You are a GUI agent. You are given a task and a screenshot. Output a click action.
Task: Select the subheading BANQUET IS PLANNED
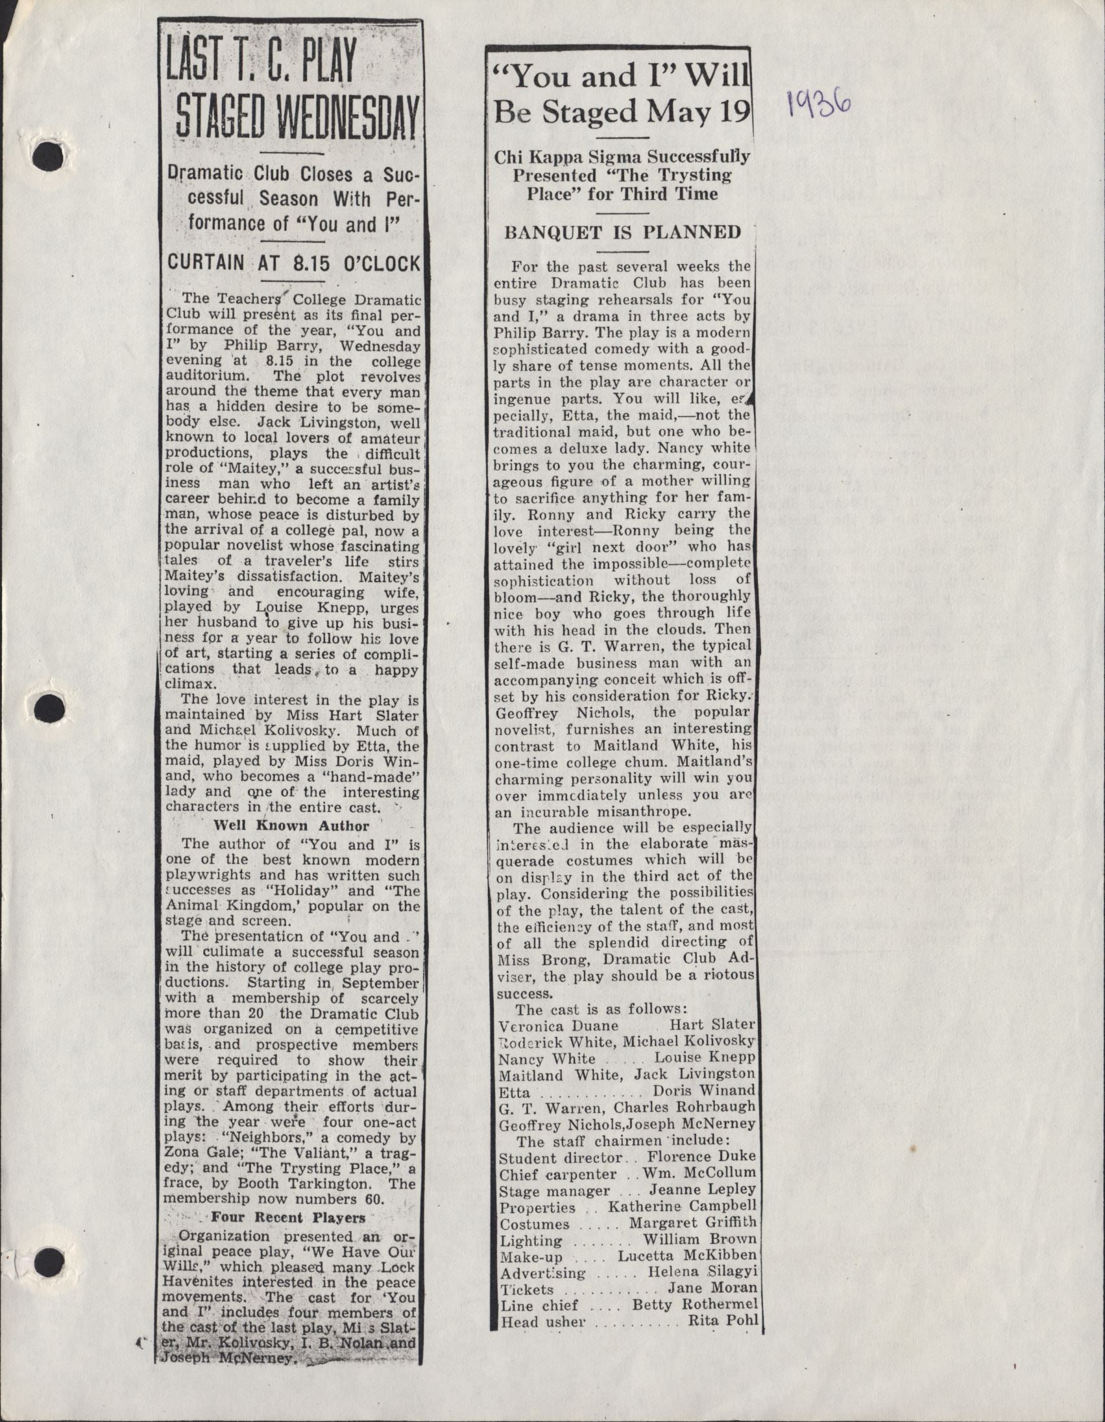click(x=623, y=232)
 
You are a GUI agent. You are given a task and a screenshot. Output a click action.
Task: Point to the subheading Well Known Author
click(x=291, y=826)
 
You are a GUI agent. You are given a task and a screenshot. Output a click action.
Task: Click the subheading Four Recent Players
click(x=288, y=1217)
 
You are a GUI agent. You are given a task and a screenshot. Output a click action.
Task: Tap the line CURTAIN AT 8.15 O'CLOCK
click(x=294, y=263)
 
